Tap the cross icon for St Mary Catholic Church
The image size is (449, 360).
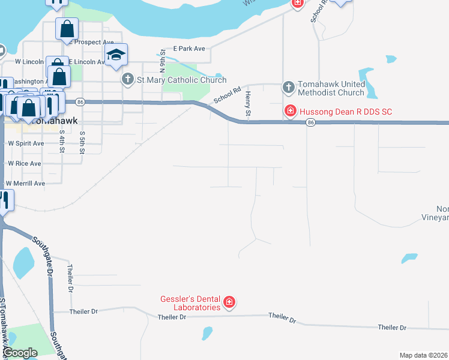tap(127, 79)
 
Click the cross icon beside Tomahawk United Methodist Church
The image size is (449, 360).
tap(288, 88)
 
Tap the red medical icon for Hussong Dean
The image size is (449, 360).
tap(291, 111)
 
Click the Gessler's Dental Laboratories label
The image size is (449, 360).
tap(190, 303)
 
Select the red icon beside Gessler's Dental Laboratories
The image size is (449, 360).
tap(229, 302)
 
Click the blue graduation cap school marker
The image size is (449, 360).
tap(116, 55)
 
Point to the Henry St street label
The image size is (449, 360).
tap(247, 104)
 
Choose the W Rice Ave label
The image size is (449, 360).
tap(24, 163)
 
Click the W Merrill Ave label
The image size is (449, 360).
tap(26, 183)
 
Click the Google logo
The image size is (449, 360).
tap(20, 353)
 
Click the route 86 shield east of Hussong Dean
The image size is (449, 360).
tap(310, 122)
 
